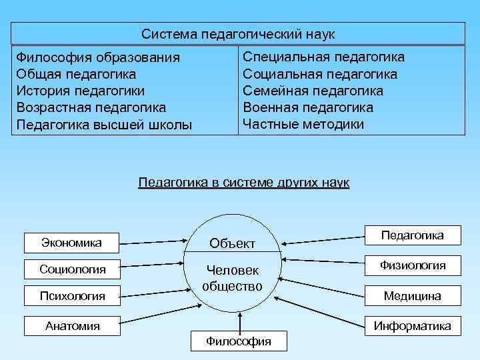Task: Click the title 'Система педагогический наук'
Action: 238,33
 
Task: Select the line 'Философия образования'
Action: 98,57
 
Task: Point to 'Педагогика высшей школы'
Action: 104,124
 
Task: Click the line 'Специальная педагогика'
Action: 323,57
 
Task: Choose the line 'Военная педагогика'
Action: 308,107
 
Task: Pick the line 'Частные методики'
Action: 303,124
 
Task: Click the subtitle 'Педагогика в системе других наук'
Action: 243,182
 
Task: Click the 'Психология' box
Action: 72,295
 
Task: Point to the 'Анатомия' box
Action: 72,326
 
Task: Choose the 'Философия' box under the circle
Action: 238,341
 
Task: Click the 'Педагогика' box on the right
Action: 412,235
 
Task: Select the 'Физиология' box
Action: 413,265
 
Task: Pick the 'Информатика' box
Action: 412,326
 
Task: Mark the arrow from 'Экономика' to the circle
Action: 153,241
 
